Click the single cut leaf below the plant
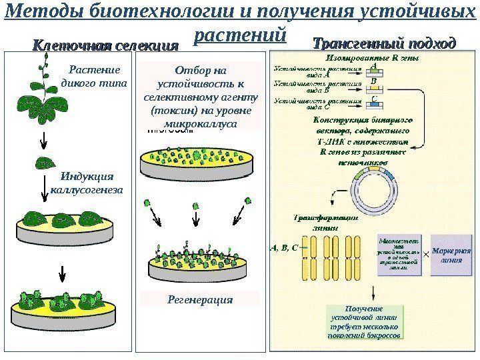pyautogui.click(x=44, y=162)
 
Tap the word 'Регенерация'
pyautogui.click(x=200, y=299)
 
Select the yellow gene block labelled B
pyautogui.click(x=374, y=87)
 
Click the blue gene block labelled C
pyautogui.click(x=374, y=104)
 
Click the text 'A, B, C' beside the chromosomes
pyautogui.click(x=284, y=247)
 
